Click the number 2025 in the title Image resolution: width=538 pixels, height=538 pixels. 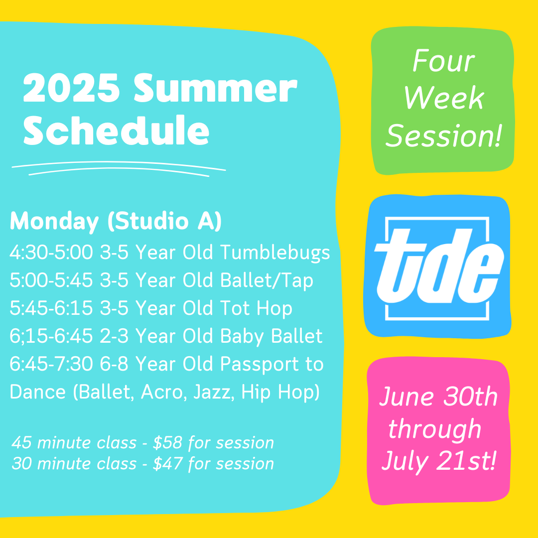[71, 88]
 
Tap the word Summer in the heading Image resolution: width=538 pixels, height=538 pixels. [216, 88]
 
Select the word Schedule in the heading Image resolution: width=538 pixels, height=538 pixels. [116, 131]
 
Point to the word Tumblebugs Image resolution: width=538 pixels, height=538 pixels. [275, 253]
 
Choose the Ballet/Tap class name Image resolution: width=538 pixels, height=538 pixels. [267, 281]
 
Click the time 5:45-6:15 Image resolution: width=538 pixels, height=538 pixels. [51, 308]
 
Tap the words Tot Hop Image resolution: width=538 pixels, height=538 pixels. [256, 308]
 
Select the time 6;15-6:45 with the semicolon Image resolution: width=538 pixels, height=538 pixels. [51, 336]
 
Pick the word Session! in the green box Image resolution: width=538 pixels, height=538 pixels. [444, 136]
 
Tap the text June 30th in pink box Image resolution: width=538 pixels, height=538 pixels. [438, 397]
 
